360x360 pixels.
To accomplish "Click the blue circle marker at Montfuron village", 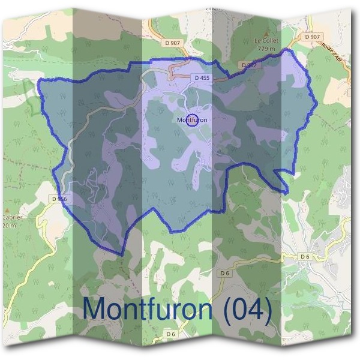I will [192, 120].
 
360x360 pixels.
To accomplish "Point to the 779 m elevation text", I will [265, 48].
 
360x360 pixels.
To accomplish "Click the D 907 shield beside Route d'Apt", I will [312, 37].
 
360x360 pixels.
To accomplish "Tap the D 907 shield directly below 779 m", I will [248, 64].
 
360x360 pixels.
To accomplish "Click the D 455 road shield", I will [201, 78].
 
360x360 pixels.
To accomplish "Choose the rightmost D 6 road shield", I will [305, 257].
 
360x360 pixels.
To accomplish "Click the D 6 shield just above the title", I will [224, 273].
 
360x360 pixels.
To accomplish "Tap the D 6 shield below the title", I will [171, 334].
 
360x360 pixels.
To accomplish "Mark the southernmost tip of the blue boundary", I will [123, 254].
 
